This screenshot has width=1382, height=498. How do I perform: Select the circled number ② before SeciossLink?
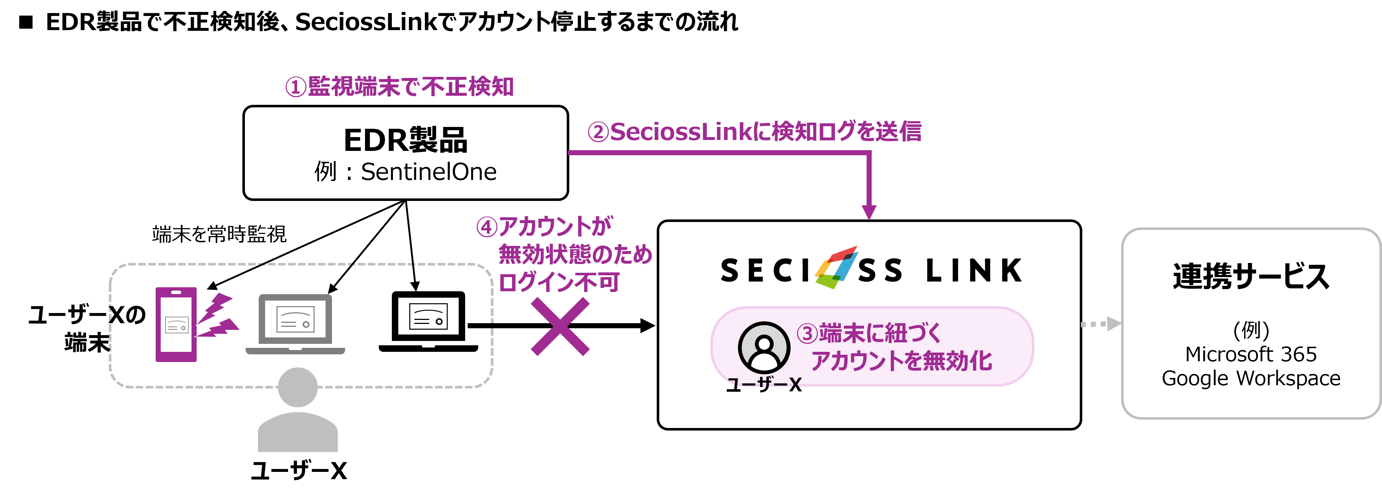tap(598, 132)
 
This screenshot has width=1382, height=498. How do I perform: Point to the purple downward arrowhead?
tap(869, 212)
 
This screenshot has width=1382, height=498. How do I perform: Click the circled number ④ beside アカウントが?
tap(487, 227)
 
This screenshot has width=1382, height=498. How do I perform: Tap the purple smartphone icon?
tap(176, 324)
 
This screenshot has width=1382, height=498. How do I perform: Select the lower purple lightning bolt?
tap(218, 328)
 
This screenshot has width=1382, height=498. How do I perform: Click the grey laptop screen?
tap(295, 320)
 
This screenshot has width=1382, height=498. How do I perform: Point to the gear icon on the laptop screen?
tap(306, 324)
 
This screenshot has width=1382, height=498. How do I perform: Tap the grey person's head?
tap(298, 387)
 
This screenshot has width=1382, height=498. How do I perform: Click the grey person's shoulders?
tap(298, 433)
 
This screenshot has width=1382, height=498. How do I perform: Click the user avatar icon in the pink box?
tap(764, 347)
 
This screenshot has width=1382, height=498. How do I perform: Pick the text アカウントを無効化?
tap(901, 361)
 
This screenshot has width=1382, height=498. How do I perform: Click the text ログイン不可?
tap(559, 282)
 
